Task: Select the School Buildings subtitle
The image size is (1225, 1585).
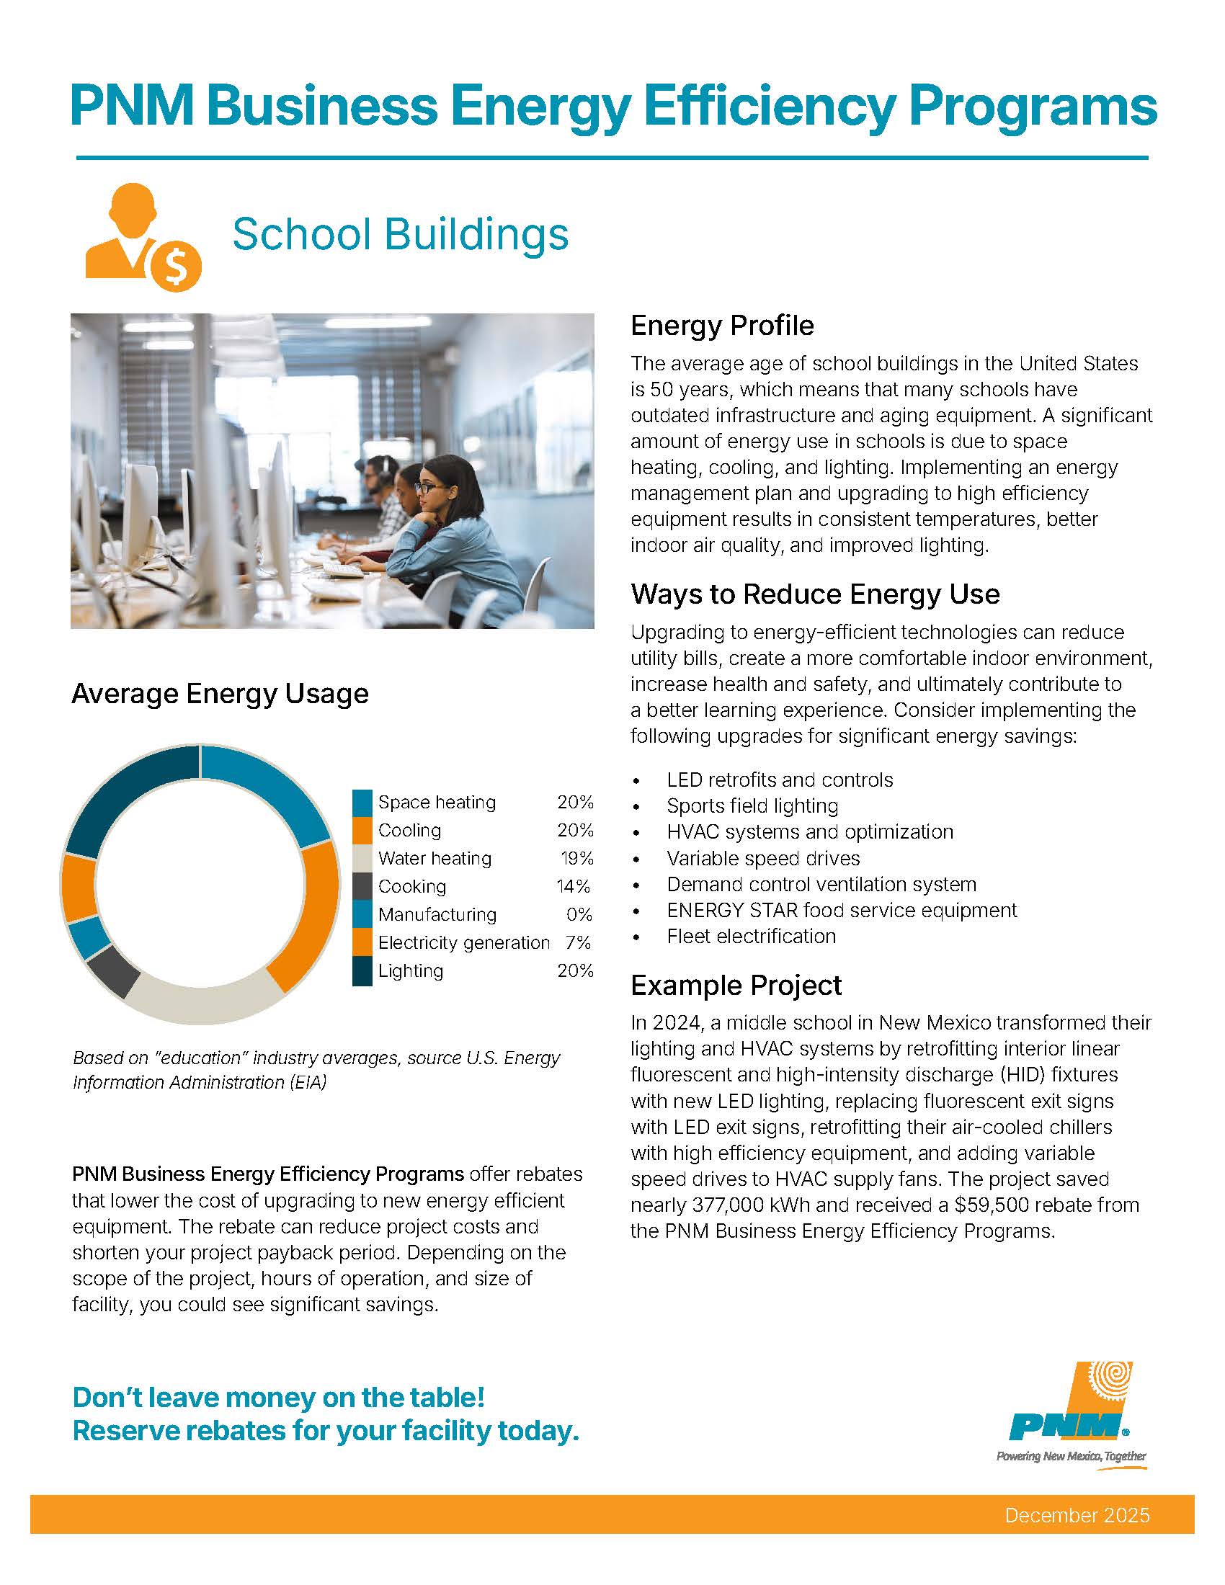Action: [x=400, y=234]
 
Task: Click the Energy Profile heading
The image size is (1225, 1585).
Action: [x=721, y=326]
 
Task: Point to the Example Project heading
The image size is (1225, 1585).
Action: [x=735, y=986]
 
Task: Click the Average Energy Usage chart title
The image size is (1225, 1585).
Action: [x=220, y=694]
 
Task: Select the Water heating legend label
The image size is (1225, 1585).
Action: [x=434, y=859]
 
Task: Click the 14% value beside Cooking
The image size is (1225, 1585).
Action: [x=573, y=886]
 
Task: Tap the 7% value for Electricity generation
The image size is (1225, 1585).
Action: [x=578, y=943]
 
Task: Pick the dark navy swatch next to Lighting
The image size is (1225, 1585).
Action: [x=362, y=971]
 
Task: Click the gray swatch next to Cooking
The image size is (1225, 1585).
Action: [x=362, y=886]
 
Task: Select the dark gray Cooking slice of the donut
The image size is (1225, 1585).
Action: [x=113, y=970]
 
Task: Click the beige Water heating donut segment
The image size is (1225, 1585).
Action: [x=203, y=1000]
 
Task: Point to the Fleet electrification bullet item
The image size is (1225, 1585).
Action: [x=750, y=936]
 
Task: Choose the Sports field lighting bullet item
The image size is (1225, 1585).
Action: [x=752, y=805]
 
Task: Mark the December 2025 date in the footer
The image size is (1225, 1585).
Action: [x=1077, y=1515]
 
